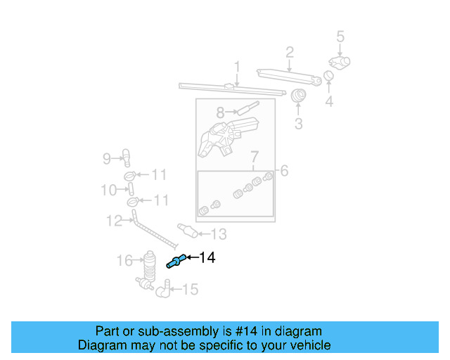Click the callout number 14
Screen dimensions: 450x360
point(207,258)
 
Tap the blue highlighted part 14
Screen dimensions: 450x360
point(174,262)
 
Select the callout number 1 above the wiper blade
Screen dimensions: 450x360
point(238,67)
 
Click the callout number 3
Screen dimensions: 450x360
point(298,124)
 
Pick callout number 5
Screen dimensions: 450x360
point(340,36)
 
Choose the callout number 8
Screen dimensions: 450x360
point(220,112)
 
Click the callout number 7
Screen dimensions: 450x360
point(255,156)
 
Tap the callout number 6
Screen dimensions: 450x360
point(285,170)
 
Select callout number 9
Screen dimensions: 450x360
point(107,159)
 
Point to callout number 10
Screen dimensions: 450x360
point(108,190)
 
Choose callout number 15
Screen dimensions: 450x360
point(190,289)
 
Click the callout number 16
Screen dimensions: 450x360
point(124,262)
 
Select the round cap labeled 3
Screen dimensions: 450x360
point(299,96)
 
